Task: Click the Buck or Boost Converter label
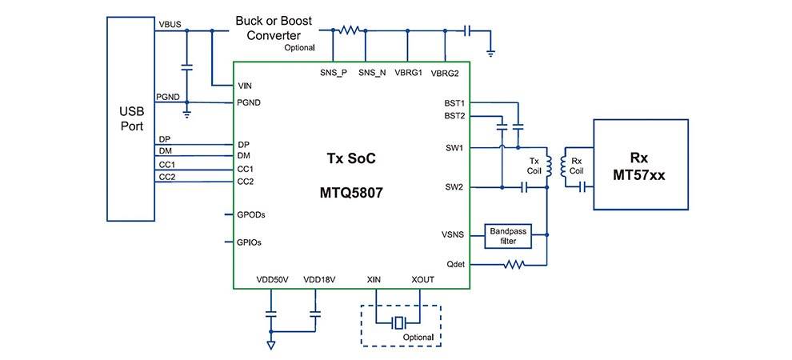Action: point(274,29)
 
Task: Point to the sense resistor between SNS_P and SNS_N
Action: point(349,30)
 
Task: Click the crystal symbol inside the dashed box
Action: point(398,323)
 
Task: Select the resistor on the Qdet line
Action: point(512,264)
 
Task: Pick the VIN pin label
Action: point(246,86)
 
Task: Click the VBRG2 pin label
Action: point(445,73)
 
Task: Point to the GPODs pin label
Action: point(251,214)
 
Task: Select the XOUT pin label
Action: point(422,279)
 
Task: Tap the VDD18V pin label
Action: point(319,279)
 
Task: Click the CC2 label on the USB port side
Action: point(166,176)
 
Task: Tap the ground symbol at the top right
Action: point(490,52)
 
